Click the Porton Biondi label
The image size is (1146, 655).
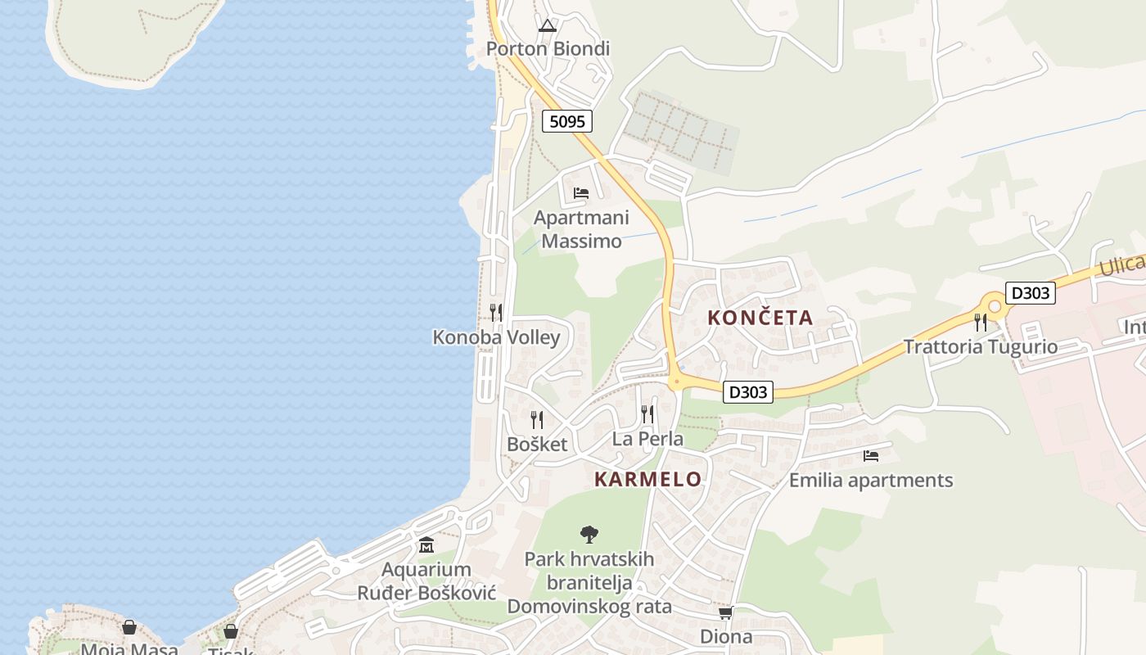[x=548, y=49]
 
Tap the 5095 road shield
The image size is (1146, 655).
[x=566, y=122]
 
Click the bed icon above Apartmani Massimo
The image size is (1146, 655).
[x=581, y=194]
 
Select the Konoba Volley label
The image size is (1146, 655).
[x=496, y=337]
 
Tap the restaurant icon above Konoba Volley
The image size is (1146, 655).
[x=496, y=312]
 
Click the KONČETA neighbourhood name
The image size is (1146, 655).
[x=760, y=318]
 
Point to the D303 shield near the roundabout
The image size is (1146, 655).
[x=1030, y=293]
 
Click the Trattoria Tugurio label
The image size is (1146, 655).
[x=980, y=346]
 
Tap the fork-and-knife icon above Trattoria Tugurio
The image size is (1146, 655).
[x=981, y=322]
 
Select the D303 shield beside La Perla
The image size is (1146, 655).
[x=748, y=392]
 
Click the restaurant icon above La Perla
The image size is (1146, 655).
[x=647, y=413]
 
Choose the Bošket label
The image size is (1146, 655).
[x=537, y=445]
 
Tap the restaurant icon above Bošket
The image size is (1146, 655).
[x=537, y=420]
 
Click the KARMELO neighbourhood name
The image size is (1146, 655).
[x=647, y=480]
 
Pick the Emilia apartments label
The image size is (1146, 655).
[x=871, y=481]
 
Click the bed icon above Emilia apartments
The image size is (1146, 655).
[x=871, y=455]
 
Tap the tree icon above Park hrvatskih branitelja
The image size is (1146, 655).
[x=589, y=535]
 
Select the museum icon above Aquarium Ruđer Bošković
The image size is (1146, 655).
[x=426, y=544]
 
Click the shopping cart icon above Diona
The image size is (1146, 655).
[x=725, y=612]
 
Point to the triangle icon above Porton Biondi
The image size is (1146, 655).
[x=548, y=25]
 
